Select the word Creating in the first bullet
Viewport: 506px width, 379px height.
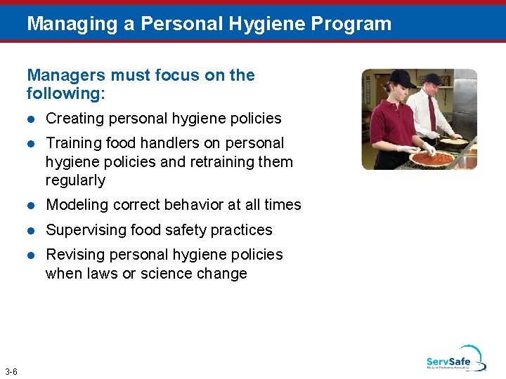coord(72,119)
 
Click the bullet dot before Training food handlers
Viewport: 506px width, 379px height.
coord(31,143)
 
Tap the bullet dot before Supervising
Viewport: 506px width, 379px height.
coord(31,230)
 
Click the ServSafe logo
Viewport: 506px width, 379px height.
coord(455,359)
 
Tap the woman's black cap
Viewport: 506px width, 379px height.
coord(385,77)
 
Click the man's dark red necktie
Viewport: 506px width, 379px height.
coord(432,112)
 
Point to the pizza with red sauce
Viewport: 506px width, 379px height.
coord(432,159)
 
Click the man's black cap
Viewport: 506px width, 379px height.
coord(432,79)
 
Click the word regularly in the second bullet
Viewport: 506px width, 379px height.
coord(75,180)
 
